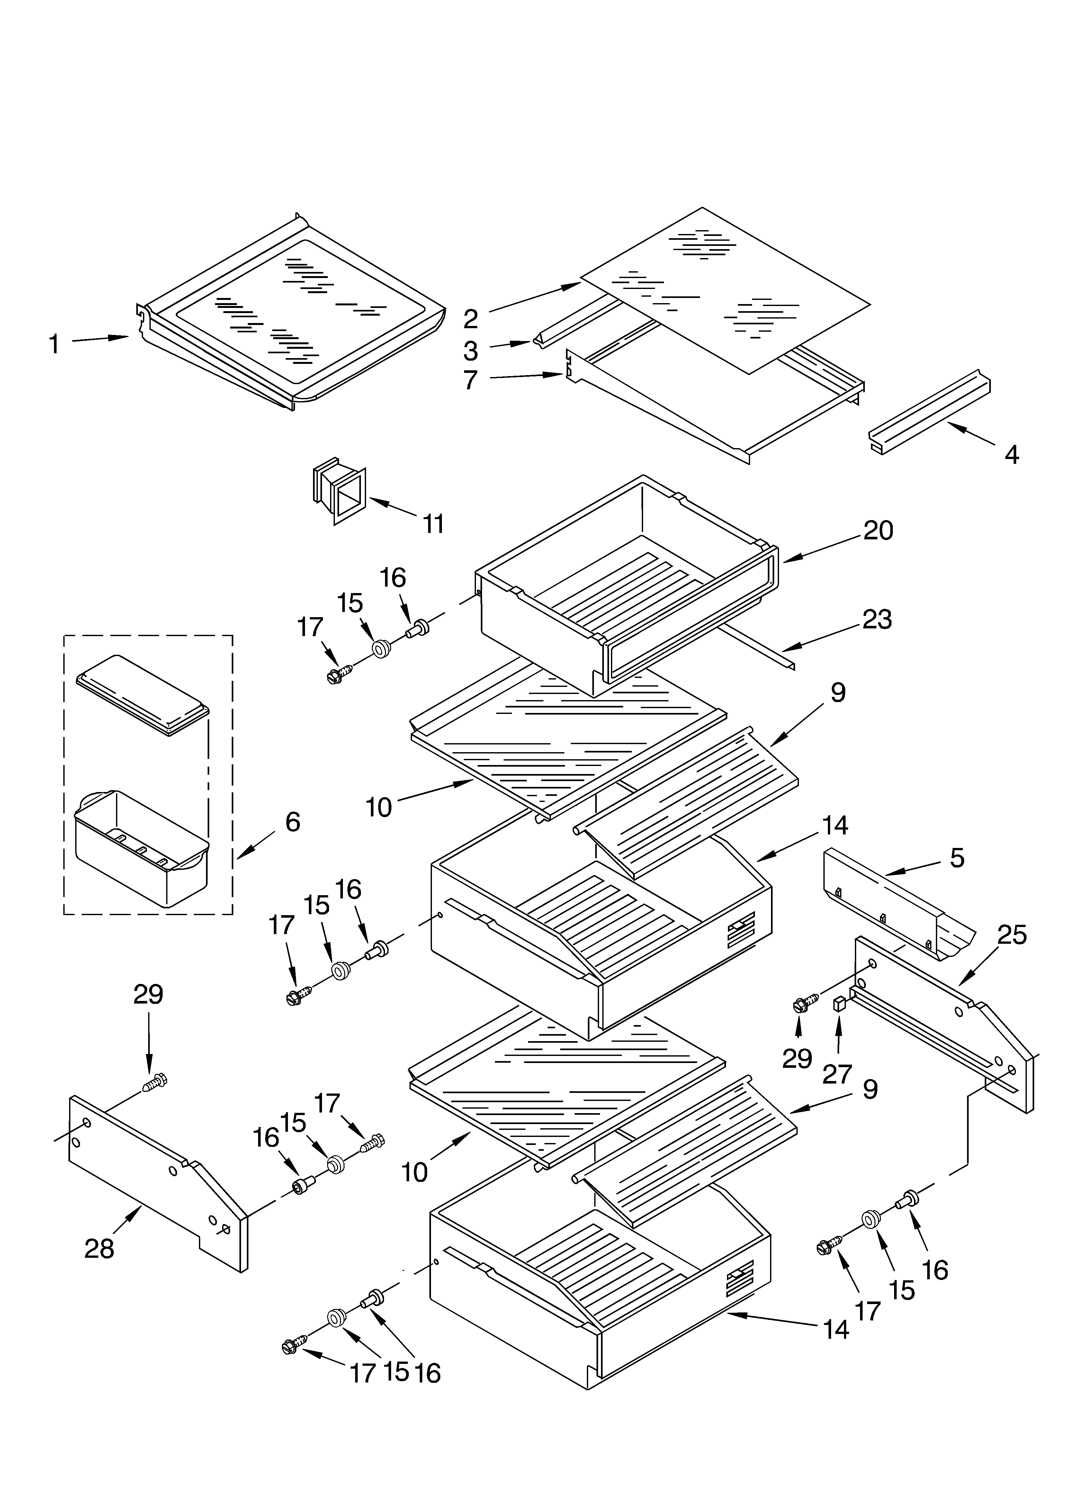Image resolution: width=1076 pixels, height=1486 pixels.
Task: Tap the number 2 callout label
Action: coord(471,319)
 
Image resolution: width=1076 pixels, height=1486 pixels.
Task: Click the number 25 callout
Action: coord(1011,935)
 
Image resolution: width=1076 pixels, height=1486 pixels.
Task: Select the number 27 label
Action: coord(837,1075)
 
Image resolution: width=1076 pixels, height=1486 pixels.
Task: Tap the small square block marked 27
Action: coord(838,1021)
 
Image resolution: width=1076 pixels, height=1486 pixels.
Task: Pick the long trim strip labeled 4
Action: coord(929,409)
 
